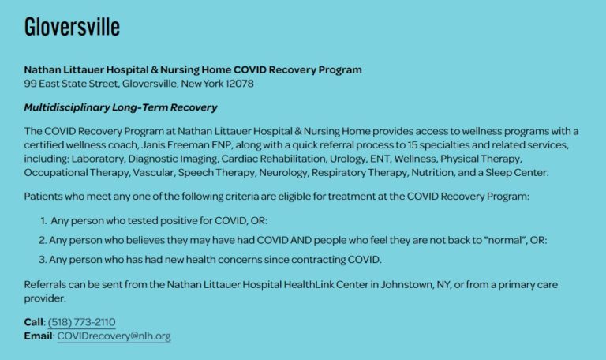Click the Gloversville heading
tap(72, 27)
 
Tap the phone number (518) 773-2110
tap(81, 322)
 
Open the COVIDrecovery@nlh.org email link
tap(114, 336)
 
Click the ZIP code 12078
tap(239, 84)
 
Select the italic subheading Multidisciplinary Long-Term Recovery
tap(121, 107)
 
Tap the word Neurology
tap(283, 172)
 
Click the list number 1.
tap(43, 221)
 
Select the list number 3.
tap(43, 260)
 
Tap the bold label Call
tap(34, 322)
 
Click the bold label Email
tap(38, 336)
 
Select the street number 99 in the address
tap(30, 84)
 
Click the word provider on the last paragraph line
tap(45, 298)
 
